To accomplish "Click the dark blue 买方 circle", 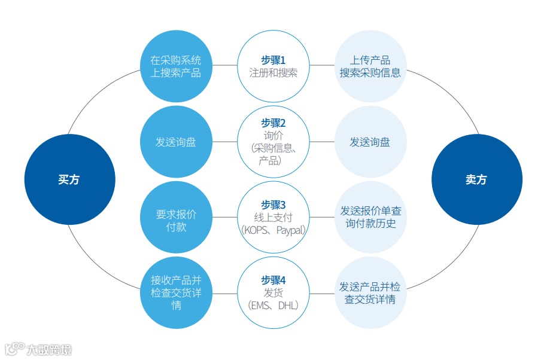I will (69, 179).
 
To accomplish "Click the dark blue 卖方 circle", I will (476, 179).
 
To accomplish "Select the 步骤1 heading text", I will (273, 60).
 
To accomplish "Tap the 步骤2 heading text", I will (273, 123).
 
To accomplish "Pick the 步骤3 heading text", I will (273, 205).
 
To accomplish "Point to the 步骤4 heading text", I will (273, 280).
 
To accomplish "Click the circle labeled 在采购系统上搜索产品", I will (176, 66).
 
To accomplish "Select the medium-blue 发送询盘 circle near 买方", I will (176, 142).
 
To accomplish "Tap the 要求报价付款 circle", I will (176, 218).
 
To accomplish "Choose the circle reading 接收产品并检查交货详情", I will (176, 292).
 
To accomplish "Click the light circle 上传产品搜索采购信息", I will (370, 66).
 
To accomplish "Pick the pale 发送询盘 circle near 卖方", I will (370, 142).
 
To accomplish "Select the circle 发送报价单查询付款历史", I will (370, 218).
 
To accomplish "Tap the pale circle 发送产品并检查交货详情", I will (370, 292).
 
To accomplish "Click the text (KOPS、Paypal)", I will (273, 230).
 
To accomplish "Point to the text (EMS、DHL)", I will (273, 305).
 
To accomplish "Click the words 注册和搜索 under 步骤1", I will (273, 73).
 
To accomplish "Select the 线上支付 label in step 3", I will (273, 217).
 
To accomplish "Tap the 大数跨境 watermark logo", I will (39, 349).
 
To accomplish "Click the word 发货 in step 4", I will (273, 292).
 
